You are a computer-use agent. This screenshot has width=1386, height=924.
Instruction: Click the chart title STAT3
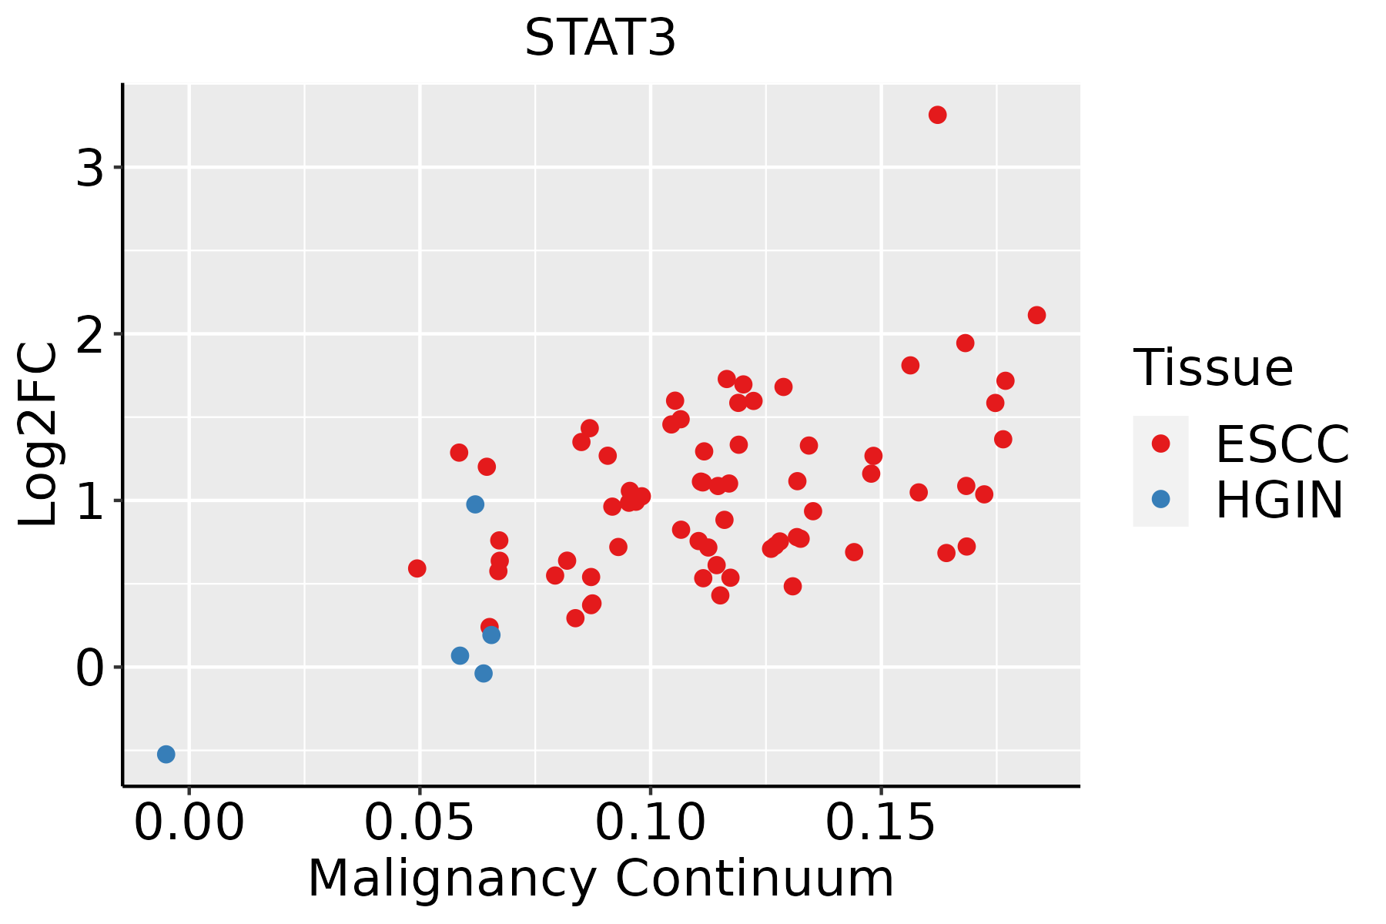[600, 38]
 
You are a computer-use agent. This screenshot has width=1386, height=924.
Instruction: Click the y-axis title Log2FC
[38, 435]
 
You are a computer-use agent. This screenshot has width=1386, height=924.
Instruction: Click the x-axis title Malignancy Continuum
[601, 879]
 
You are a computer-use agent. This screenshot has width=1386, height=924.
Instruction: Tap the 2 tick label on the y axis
[90, 333]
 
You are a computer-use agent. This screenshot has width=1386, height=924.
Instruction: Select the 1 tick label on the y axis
[90, 500]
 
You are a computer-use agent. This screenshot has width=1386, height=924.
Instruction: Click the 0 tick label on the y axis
[90, 668]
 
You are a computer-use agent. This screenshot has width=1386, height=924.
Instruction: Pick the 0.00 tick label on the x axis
[189, 822]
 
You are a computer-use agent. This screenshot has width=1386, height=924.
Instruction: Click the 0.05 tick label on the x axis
[420, 822]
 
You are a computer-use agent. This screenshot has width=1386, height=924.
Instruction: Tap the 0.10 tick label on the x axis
[651, 822]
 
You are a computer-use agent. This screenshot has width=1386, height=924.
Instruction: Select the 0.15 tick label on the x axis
[881, 822]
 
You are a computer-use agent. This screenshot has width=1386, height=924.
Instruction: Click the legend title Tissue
[1213, 367]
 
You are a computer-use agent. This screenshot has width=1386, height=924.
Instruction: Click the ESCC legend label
[1282, 444]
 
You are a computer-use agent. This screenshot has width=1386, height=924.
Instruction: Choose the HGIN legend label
[1280, 500]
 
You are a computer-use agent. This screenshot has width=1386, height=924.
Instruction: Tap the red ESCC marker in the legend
[1160, 444]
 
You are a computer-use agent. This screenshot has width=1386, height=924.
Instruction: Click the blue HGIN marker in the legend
[1160, 499]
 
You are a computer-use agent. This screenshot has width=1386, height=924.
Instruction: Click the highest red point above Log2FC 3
[937, 115]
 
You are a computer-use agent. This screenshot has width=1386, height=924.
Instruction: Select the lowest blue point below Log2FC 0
[166, 754]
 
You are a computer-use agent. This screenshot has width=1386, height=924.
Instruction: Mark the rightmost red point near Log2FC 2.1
[1036, 315]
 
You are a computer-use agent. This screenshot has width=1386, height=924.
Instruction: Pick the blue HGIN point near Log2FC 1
[475, 504]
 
